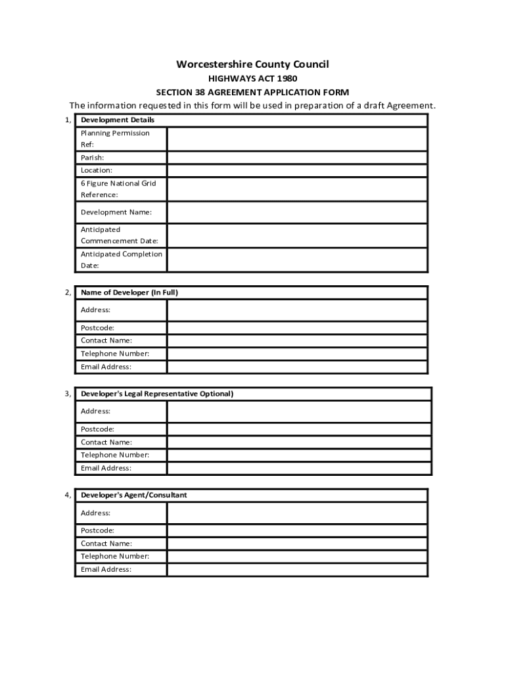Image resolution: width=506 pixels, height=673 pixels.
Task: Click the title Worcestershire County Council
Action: click(x=252, y=64)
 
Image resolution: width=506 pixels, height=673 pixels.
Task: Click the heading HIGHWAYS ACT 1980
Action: click(x=252, y=78)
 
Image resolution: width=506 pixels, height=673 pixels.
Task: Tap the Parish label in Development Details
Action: click(x=93, y=158)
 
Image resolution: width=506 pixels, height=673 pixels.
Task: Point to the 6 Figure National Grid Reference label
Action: click(x=118, y=189)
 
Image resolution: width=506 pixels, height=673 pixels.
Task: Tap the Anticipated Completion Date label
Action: click(x=121, y=260)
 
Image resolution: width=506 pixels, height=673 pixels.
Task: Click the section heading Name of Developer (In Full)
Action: click(x=129, y=292)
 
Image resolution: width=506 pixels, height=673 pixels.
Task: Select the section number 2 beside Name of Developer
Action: click(x=68, y=292)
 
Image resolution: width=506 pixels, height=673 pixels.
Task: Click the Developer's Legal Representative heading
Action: click(x=157, y=394)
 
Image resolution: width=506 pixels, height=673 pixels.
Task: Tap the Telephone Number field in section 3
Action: click(x=299, y=455)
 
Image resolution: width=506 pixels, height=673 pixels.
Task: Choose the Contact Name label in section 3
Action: click(x=106, y=442)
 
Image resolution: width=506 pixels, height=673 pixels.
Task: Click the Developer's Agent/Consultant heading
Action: click(x=134, y=495)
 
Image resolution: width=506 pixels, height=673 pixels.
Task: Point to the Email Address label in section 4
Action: click(x=106, y=569)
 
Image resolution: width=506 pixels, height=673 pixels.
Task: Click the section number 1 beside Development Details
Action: click(x=68, y=120)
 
